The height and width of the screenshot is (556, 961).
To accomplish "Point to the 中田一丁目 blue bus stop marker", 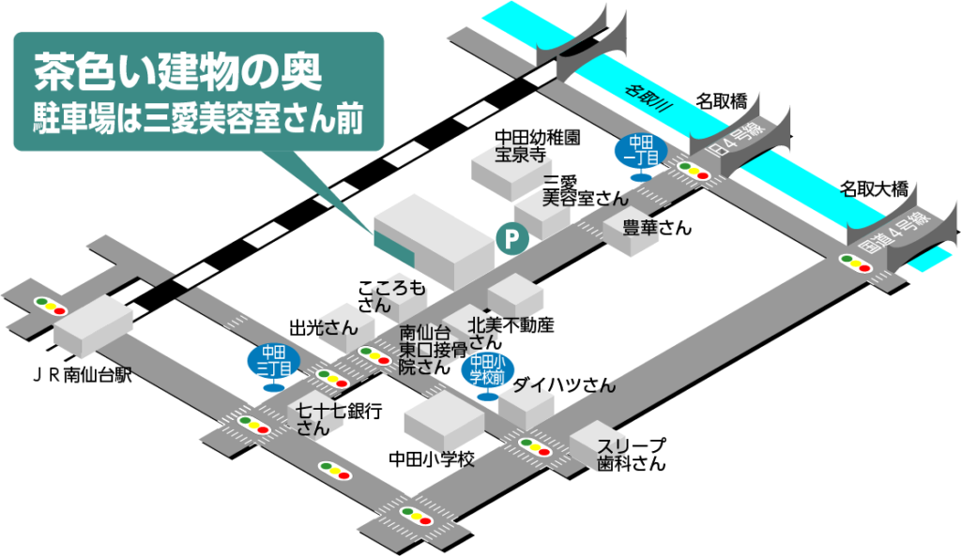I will point(641,151).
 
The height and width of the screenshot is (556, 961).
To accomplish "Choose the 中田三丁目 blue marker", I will point(273,361).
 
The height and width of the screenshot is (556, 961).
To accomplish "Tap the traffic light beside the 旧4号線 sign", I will point(694,172).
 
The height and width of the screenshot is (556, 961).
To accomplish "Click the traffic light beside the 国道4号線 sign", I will point(856,263).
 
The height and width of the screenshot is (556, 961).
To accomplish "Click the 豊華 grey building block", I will point(634,231).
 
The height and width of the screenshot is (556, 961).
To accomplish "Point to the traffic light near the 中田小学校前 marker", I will point(535,446).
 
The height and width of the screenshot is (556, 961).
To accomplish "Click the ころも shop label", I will point(400,290).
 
